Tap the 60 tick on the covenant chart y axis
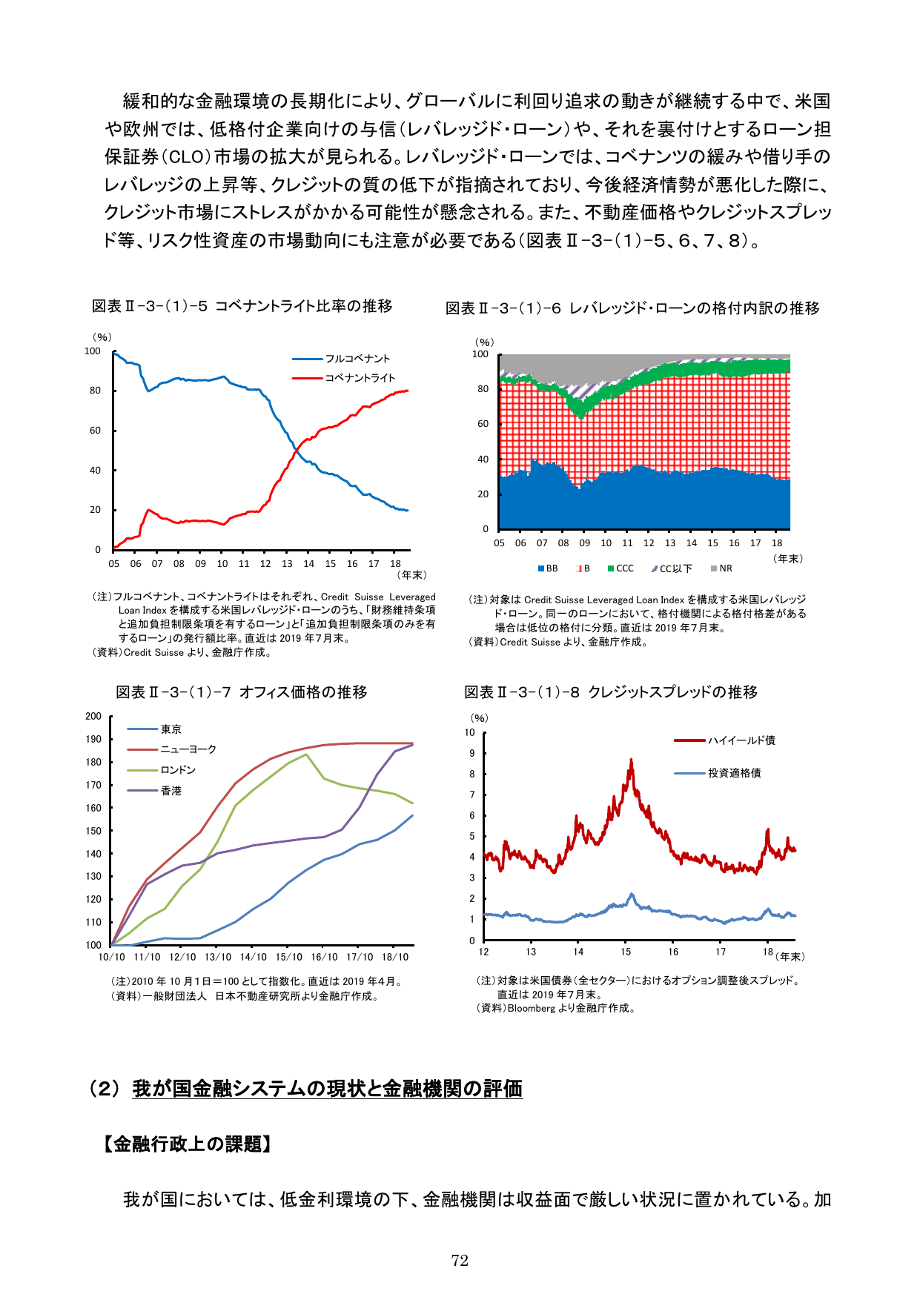coord(95,431)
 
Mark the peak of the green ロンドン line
coord(306,755)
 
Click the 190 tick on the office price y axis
coord(93,739)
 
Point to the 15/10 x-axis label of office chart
coord(288,957)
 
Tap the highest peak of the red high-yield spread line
coord(631,760)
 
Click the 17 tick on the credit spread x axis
coord(721,952)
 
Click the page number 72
coord(460,1261)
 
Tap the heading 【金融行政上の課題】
coord(187,1144)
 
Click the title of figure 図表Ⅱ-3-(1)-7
coord(241,692)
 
